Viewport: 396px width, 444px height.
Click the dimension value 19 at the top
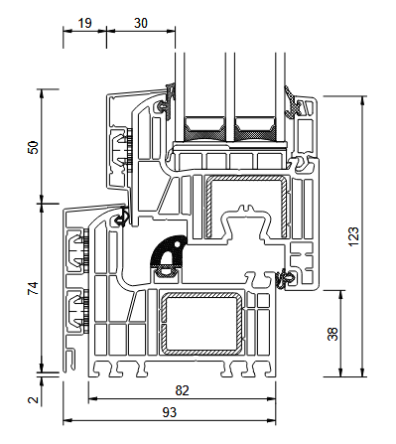coord(84,20)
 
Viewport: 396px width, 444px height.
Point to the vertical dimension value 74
coord(32,289)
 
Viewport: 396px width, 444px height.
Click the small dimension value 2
coord(32,399)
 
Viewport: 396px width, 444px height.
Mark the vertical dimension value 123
coord(353,235)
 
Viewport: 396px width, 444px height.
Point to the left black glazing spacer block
coord(203,127)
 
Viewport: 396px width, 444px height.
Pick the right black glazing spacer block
coord(257,127)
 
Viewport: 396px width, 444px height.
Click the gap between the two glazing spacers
coord(230,127)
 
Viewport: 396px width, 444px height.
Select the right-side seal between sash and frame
coord(287,278)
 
